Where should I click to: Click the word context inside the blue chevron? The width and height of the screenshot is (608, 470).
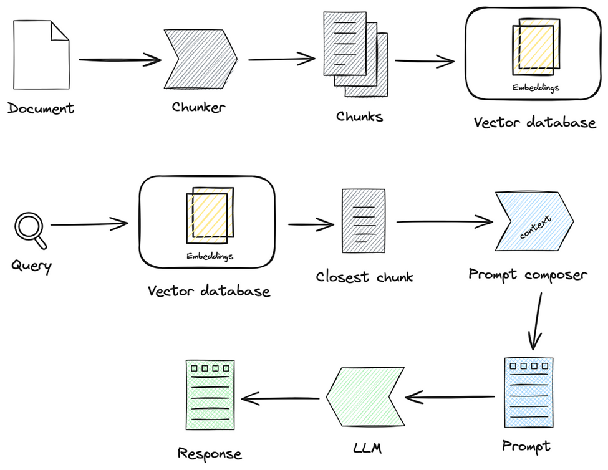pos(534,228)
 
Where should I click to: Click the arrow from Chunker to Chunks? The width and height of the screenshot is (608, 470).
pos(281,60)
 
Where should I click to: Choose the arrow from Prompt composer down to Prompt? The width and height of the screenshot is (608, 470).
pos(536,320)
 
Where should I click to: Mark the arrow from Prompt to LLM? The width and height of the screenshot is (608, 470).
pos(451,397)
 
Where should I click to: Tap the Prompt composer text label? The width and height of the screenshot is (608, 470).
pos(528,274)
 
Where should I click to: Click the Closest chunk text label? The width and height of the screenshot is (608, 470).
pos(364,276)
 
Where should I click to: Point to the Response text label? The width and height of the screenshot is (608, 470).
pos(210,454)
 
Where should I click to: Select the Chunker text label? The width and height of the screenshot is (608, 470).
pos(199,107)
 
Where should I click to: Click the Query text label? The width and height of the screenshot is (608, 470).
pos(32,266)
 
